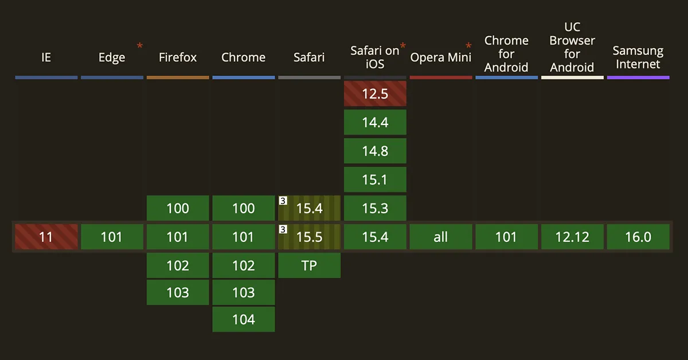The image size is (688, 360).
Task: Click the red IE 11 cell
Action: (x=46, y=237)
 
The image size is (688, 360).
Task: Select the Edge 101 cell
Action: (x=112, y=237)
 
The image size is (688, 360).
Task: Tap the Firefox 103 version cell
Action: (x=178, y=292)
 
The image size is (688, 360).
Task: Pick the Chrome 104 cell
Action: (x=243, y=319)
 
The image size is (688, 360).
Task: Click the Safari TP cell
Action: (x=309, y=265)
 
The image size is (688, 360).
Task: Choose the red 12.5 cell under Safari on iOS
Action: (x=375, y=93)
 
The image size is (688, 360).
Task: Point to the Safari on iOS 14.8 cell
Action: (x=375, y=151)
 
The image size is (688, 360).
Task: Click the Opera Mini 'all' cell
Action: (x=441, y=237)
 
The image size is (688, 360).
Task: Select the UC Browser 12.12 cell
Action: (x=572, y=237)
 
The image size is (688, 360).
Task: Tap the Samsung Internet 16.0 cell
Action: (x=638, y=237)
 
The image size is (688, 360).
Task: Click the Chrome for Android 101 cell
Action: (x=506, y=237)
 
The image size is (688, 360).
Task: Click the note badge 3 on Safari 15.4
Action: (x=283, y=201)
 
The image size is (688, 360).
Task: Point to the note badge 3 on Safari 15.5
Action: (x=283, y=229)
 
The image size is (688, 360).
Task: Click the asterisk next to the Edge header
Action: (x=140, y=46)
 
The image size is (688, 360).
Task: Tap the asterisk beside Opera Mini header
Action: (x=468, y=46)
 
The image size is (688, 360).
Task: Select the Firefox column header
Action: (x=178, y=57)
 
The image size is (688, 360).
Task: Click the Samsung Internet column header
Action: (x=638, y=57)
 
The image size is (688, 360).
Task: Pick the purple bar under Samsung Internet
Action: (x=638, y=77)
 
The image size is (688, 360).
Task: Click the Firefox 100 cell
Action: (x=178, y=208)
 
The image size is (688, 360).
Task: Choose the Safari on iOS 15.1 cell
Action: (x=375, y=179)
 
